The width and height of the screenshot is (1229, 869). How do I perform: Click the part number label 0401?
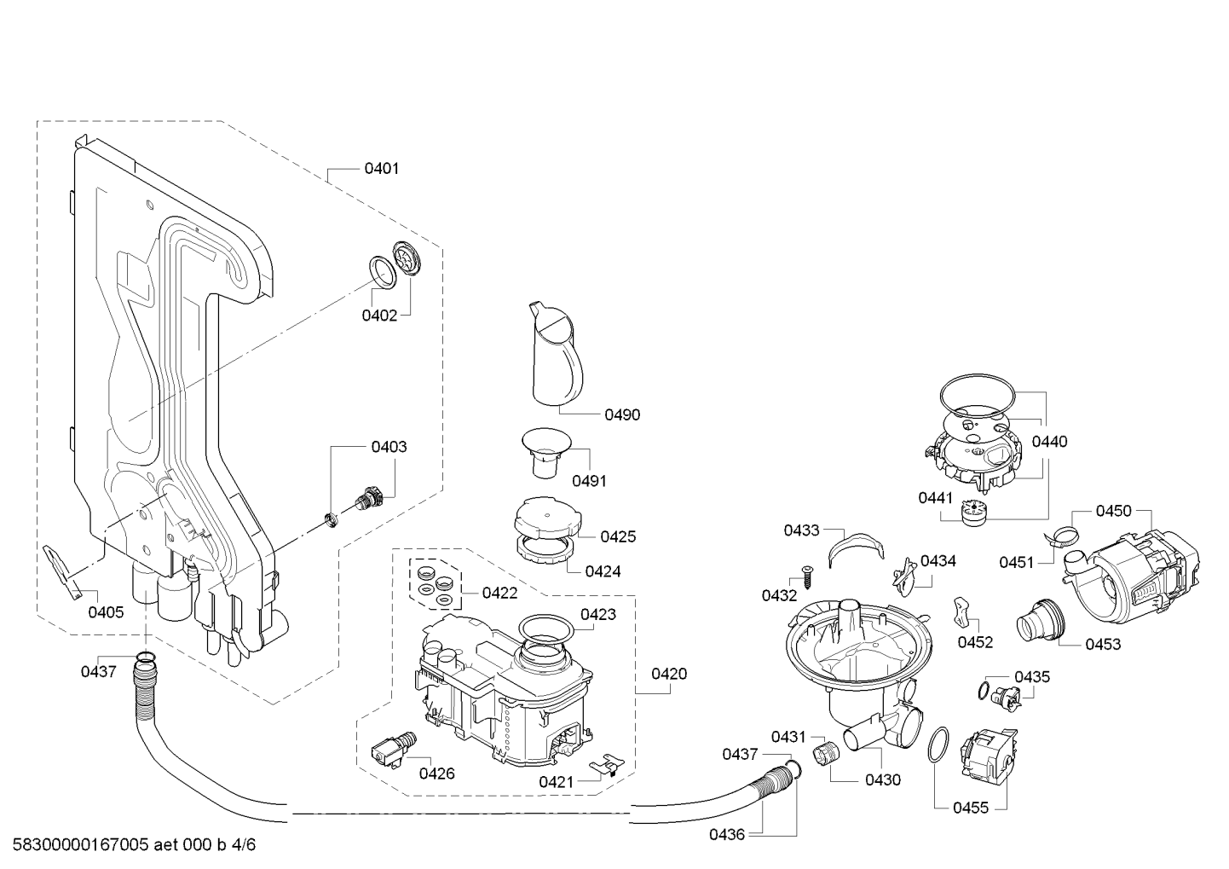tap(381, 169)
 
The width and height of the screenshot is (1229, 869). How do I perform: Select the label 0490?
tap(622, 414)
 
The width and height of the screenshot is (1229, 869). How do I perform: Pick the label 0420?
tap(669, 674)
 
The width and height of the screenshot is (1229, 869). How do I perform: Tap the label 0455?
tap(971, 808)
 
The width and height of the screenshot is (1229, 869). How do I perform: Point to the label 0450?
tap(1113, 511)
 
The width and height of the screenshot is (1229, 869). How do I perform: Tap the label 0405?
tap(106, 612)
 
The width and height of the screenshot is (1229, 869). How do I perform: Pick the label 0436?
tap(727, 834)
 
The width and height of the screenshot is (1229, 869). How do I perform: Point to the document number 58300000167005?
tap(80, 844)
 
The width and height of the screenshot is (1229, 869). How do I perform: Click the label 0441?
tap(936, 498)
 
